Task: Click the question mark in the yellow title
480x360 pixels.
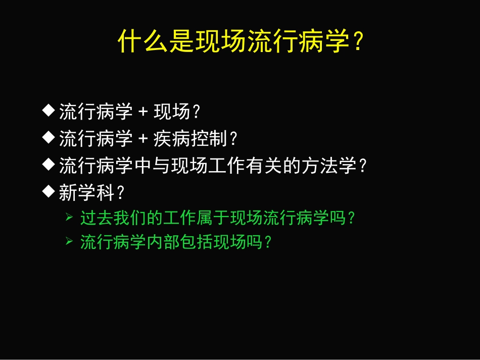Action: pos(357,42)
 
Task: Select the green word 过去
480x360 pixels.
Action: pos(96,218)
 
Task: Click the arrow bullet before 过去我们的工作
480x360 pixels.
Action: pos(69,218)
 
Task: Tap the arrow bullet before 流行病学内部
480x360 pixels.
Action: pos(69,242)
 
